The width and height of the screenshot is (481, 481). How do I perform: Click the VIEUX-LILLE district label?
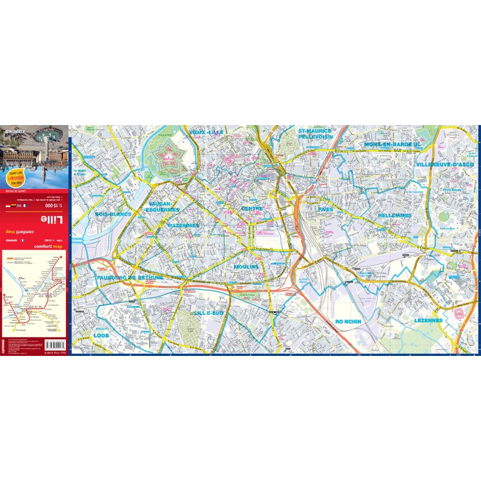click(x=206, y=132)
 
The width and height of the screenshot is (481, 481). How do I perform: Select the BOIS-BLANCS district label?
click(x=113, y=213)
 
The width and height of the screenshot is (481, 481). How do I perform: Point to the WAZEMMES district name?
click(x=183, y=225)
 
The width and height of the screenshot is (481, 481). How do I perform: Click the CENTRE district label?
click(x=252, y=209)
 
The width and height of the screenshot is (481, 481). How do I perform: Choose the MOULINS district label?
click(x=247, y=266)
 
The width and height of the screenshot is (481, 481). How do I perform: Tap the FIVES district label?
click(x=325, y=209)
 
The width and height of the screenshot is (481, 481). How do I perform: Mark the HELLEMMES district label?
click(x=395, y=215)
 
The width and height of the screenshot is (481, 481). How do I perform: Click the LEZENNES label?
click(x=428, y=320)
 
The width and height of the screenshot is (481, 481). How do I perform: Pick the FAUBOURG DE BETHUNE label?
click(x=129, y=278)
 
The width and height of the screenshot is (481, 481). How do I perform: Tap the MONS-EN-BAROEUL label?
click(x=391, y=145)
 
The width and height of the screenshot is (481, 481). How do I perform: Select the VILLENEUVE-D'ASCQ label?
click(x=444, y=164)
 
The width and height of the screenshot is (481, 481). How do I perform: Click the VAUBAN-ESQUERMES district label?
click(x=164, y=207)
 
